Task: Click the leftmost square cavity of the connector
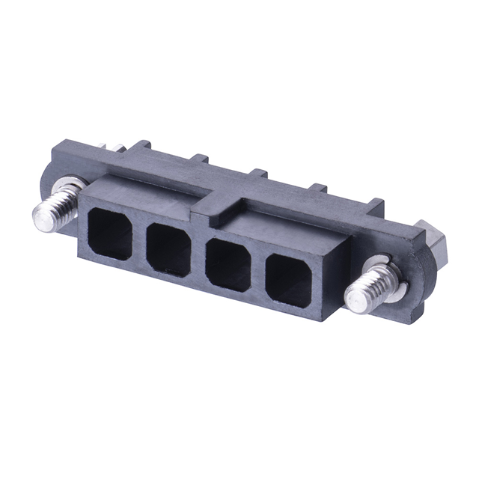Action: click(110, 234)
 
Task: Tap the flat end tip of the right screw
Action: click(356, 301)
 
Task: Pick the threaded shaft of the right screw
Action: click(370, 288)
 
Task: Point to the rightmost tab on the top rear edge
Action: click(374, 204)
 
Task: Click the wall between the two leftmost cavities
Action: click(139, 241)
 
